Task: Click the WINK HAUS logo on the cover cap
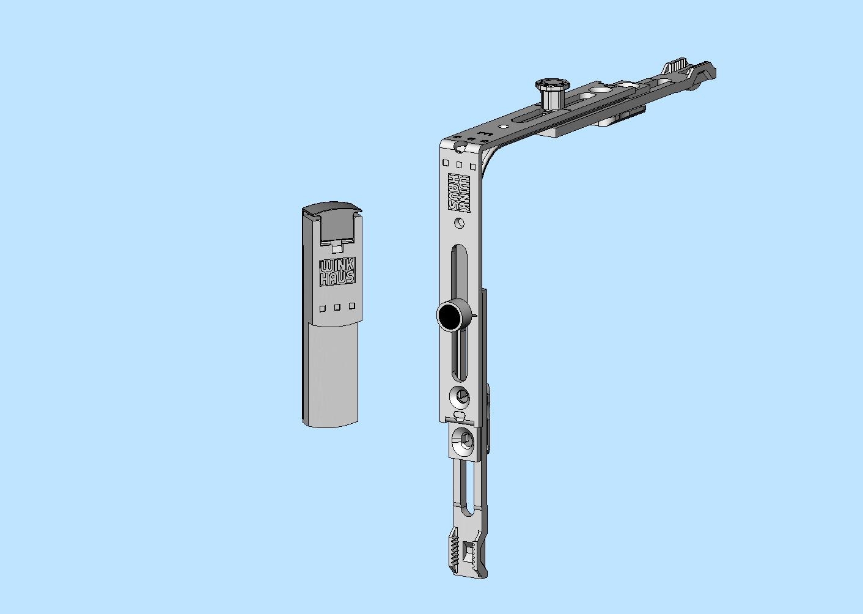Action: coord(337,272)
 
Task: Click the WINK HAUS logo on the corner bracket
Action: coord(460,193)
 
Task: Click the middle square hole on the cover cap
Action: coord(337,307)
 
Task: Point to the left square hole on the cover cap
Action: coord(323,308)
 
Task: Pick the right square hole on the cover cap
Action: coord(351,306)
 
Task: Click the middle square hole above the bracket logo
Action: coord(459,165)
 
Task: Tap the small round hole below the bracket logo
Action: coord(460,223)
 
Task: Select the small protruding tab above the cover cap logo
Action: coord(337,248)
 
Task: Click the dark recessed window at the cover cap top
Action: coord(337,227)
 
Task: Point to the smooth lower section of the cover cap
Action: coord(331,373)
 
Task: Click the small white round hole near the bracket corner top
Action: coord(503,127)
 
